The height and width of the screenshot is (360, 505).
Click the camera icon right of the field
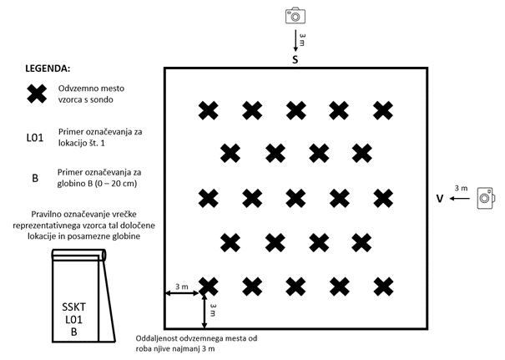click(486, 198)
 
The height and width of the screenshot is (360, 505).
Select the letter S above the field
click(295, 61)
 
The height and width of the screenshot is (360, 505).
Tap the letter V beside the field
click(439, 199)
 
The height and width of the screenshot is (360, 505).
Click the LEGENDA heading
click(48, 67)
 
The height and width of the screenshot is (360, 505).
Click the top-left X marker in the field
click(209, 109)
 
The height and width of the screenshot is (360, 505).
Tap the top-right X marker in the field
click(383, 109)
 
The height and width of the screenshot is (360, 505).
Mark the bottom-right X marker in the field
click(383, 286)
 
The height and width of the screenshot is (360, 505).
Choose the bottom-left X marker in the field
click(209, 286)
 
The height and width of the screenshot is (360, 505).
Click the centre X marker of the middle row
click(295, 198)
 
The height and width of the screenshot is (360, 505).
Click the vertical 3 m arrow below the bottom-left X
click(205, 311)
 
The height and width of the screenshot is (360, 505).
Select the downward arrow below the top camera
click(294, 38)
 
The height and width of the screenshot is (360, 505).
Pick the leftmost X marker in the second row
click(230, 153)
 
